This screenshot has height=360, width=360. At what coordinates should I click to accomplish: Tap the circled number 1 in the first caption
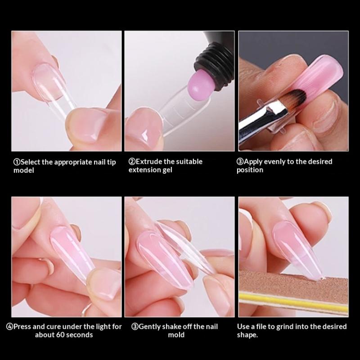click(17, 162)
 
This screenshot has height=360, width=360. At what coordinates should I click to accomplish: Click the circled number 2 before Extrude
click(132, 162)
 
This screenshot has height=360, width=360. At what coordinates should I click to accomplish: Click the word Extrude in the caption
click(150, 162)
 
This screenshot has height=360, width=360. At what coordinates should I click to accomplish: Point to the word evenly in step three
click(274, 162)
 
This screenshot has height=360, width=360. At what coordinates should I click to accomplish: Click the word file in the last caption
click(261, 327)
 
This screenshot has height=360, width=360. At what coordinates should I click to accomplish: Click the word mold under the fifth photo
click(176, 335)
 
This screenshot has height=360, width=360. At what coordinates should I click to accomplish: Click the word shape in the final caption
click(247, 335)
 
